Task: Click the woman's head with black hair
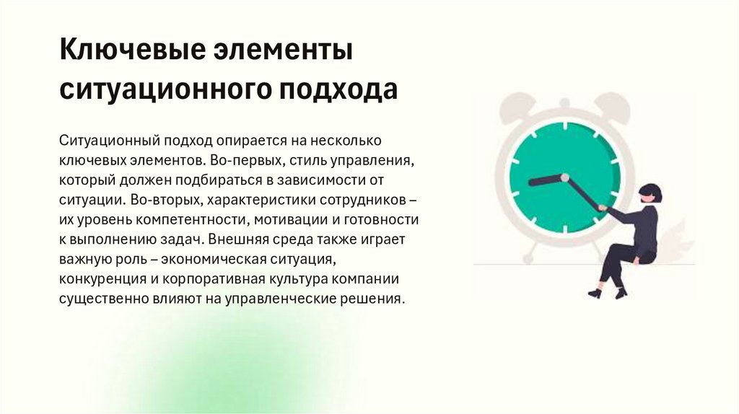pos(650,193)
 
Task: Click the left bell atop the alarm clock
pos(516,107)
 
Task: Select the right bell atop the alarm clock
pos(613,107)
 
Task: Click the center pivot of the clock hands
pos(564,177)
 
